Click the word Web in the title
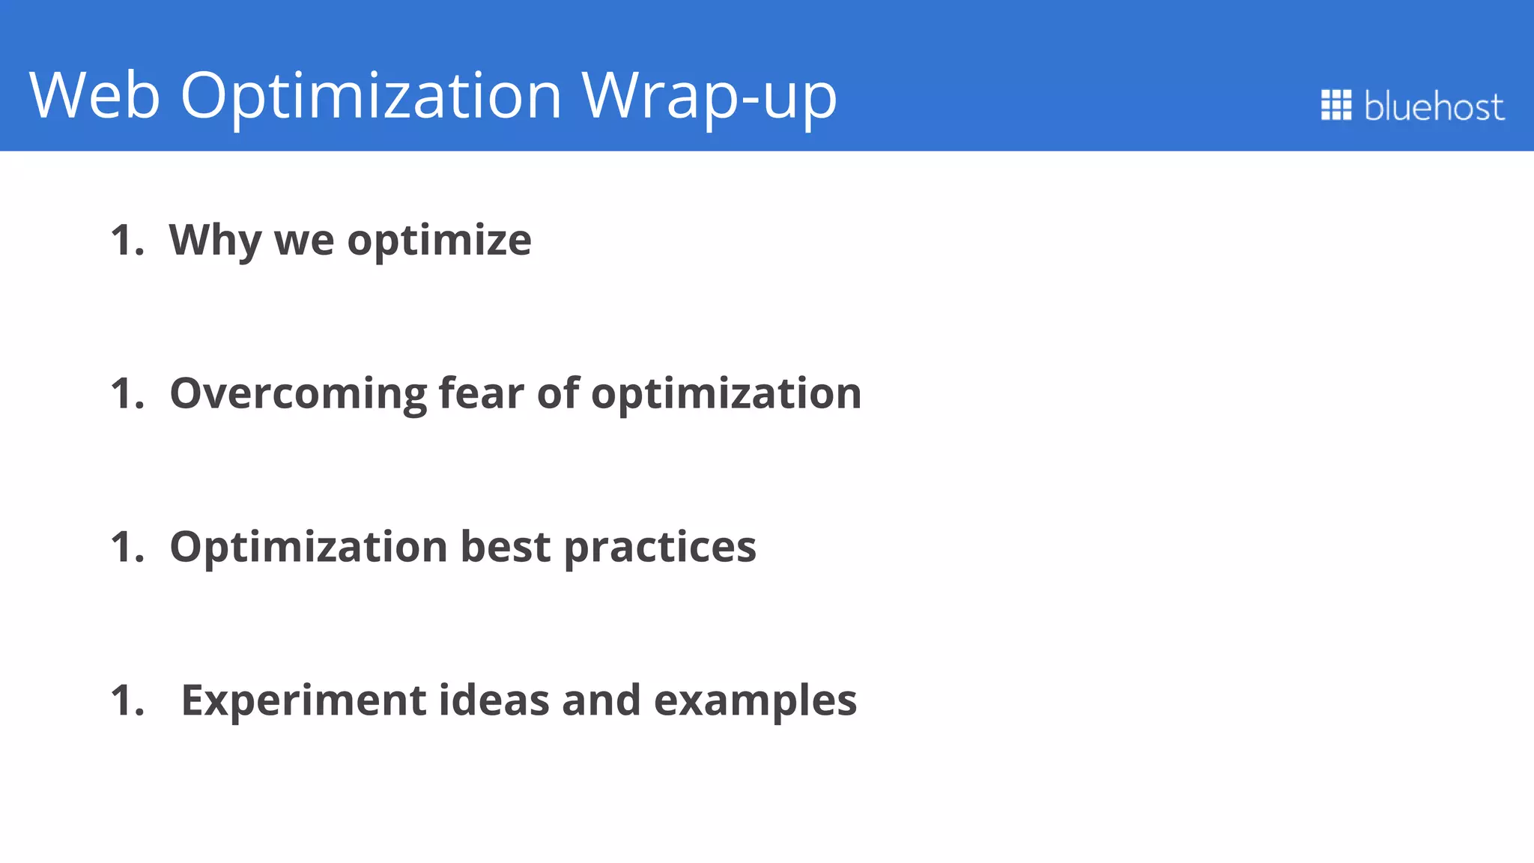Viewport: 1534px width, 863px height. (94, 95)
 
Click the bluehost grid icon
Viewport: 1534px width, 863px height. (1336, 105)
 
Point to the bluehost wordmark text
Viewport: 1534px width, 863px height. (1434, 106)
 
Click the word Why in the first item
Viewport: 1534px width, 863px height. (215, 241)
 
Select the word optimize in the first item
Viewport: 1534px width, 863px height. (439, 241)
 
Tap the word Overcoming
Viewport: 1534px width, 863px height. (298, 394)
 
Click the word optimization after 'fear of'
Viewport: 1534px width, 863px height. (726, 394)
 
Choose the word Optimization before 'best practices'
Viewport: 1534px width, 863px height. (309, 548)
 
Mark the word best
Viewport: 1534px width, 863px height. (505, 547)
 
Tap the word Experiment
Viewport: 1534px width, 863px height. (303, 701)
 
